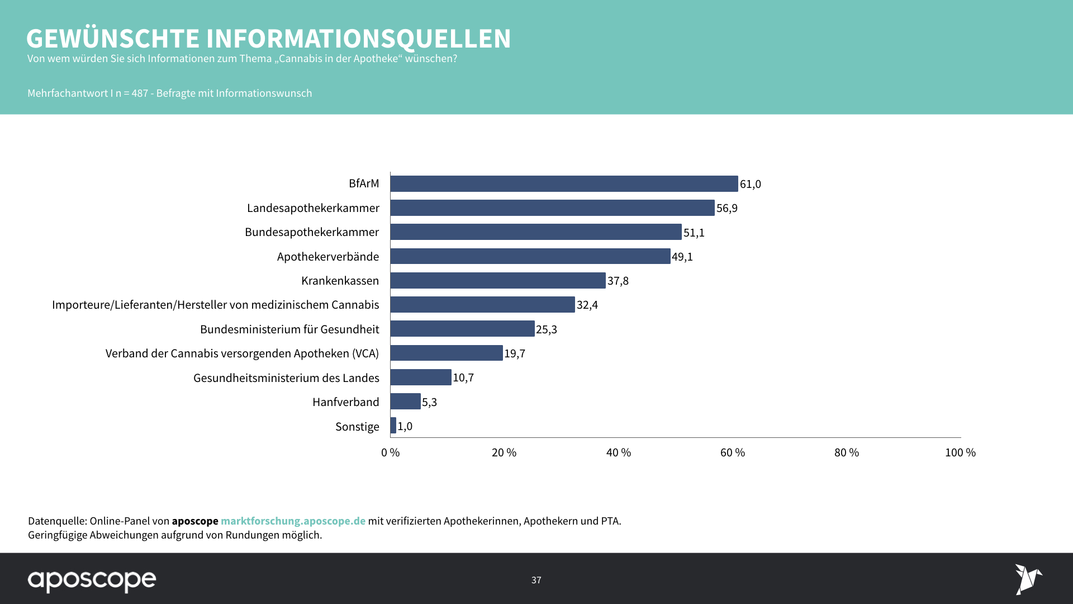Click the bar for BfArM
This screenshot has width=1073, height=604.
[564, 184]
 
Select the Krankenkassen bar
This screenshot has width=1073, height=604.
[498, 281]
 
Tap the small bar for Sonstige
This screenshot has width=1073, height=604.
[393, 426]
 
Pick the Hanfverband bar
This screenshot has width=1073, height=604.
[405, 402]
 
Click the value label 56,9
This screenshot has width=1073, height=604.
[727, 208]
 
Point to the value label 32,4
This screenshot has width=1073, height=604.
[587, 305]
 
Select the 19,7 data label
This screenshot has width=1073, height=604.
[515, 353]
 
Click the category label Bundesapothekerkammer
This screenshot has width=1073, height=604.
[312, 232]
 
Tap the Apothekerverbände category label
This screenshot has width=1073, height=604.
[328, 257]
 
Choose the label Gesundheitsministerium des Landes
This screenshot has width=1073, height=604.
[286, 378]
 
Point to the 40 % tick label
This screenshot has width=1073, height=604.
[619, 452]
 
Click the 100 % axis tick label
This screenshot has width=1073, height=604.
[960, 452]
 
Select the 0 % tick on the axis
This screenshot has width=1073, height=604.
[391, 452]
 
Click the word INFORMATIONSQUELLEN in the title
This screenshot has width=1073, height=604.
[358, 39]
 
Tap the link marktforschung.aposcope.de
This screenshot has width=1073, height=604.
[293, 521]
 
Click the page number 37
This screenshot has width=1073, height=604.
[536, 581]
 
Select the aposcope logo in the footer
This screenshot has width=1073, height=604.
[92, 581]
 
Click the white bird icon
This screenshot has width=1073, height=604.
[1028, 579]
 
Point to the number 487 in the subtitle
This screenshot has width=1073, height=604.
[140, 93]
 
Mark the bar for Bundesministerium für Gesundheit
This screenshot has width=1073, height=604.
[462, 329]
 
